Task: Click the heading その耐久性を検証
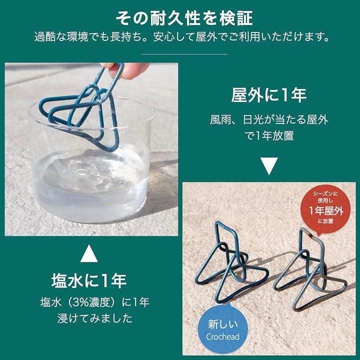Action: (184, 18)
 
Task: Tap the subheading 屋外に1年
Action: (269, 95)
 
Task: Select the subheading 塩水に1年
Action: (89, 280)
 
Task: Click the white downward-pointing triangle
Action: (269, 166)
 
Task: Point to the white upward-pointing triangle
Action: (89, 253)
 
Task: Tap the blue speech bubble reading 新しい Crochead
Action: (222, 328)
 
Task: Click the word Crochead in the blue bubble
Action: (222, 336)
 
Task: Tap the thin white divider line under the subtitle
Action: (184, 54)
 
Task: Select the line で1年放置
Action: (269, 135)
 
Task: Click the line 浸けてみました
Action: (94, 318)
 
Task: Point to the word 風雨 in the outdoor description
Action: (220, 119)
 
